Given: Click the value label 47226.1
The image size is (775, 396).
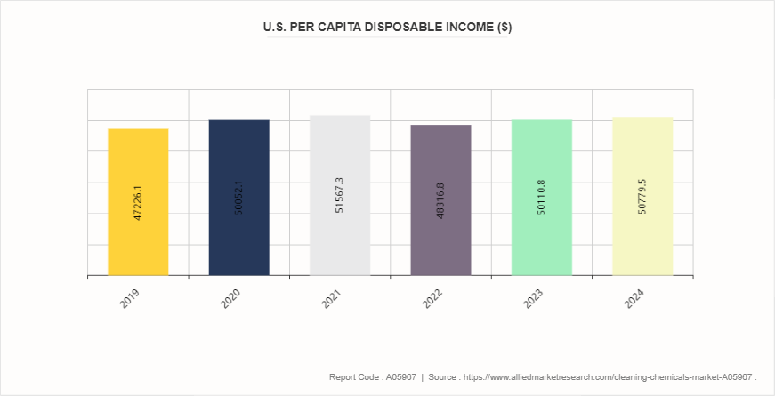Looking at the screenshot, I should pyautogui.click(x=138, y=203).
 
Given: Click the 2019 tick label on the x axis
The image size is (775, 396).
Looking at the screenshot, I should pyautogui.click(x=131, y=297).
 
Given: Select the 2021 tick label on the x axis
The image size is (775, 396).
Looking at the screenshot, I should pyautogui.click(x=333, y=297).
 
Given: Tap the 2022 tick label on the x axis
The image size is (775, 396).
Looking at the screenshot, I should pyautogui.click(x=433, y=297).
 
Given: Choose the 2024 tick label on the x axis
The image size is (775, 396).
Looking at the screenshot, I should pyautogui.click(x=635, y=297).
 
